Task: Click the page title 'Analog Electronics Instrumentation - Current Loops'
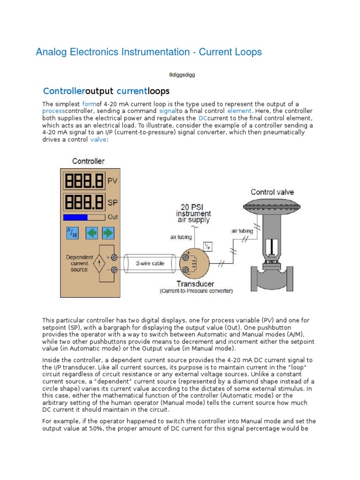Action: pyautogui.click(x=149, y=52)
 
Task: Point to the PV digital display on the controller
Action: pyautogui.click(x=85, y=180)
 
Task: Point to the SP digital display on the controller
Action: pyautogui.click(x=85, y=202)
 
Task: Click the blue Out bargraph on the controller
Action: pyautogui.click(x=76, y=217)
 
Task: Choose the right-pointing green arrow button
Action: pyautogui.click(x=108, y=232)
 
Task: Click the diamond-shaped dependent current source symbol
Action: pyautogui.click(x=99, y=264)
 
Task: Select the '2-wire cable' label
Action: pyautogui.click(x=150, y=263)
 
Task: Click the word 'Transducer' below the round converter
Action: pyautogui.click(x=196, y=284)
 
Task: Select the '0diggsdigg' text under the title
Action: pyautogui.click(x=182, y=75)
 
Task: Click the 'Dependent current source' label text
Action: pyautogui.click(x=79, y=263)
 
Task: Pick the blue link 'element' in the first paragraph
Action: pyautogui.click(x=240, y=111)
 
